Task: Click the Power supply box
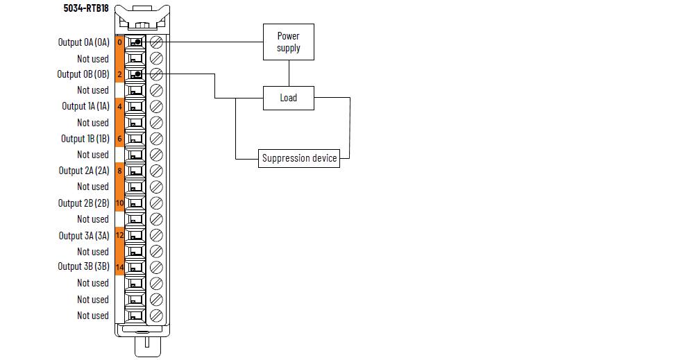(x=289, y=42)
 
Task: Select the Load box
(x=289, y=98)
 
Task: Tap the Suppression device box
(x=299, y=158)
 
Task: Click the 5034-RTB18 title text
(x=86, y=8)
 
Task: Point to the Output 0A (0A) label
(x=84, y=42)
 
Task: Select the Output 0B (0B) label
(x=83, y=74)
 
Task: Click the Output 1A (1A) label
(x=85, y=106)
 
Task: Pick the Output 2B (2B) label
(x=84, y=203)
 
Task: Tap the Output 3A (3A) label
(x=84, y=236)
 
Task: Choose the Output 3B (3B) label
(x=84, y=266)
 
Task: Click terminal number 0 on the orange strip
(x=119, y=42)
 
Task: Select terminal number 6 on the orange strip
(x=119, y=139)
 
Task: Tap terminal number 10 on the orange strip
(x=119, y=203)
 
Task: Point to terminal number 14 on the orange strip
(x=119, y=268)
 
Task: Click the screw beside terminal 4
(x=156, y=107)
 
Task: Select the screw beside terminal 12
(x=156, y=235)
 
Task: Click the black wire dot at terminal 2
(x=138, y=74)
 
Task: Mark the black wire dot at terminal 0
(x=138, y=42)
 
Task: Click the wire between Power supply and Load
(x=289, y=74)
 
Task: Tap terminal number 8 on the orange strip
(x=119, y=171)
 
